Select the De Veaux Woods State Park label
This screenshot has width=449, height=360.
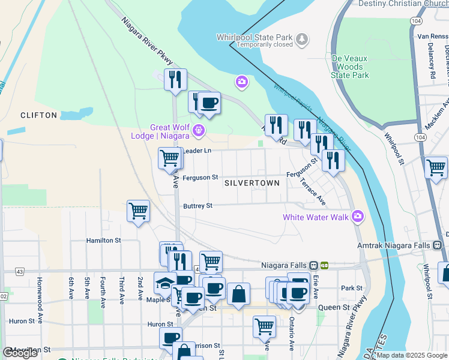(x=350, y=67)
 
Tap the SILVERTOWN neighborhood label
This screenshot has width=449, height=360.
(x=252, y=182)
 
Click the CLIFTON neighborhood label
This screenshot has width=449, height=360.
(x=38, y=115)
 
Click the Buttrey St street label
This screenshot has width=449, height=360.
(x=198, y=206)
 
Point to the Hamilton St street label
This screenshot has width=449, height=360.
(x=104, y=240)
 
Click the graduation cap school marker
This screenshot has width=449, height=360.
(x=165, y=283)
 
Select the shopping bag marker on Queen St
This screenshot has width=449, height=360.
(x=238, y=294)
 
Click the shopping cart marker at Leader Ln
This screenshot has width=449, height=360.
(x=169, y=158)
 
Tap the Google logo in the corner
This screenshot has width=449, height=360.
(x=20, y=353)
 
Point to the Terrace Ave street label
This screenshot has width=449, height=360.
(x=312, y=191)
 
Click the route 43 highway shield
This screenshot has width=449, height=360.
(x=20, y=272)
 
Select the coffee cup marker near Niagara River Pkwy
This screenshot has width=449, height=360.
(x=208, y=104)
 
